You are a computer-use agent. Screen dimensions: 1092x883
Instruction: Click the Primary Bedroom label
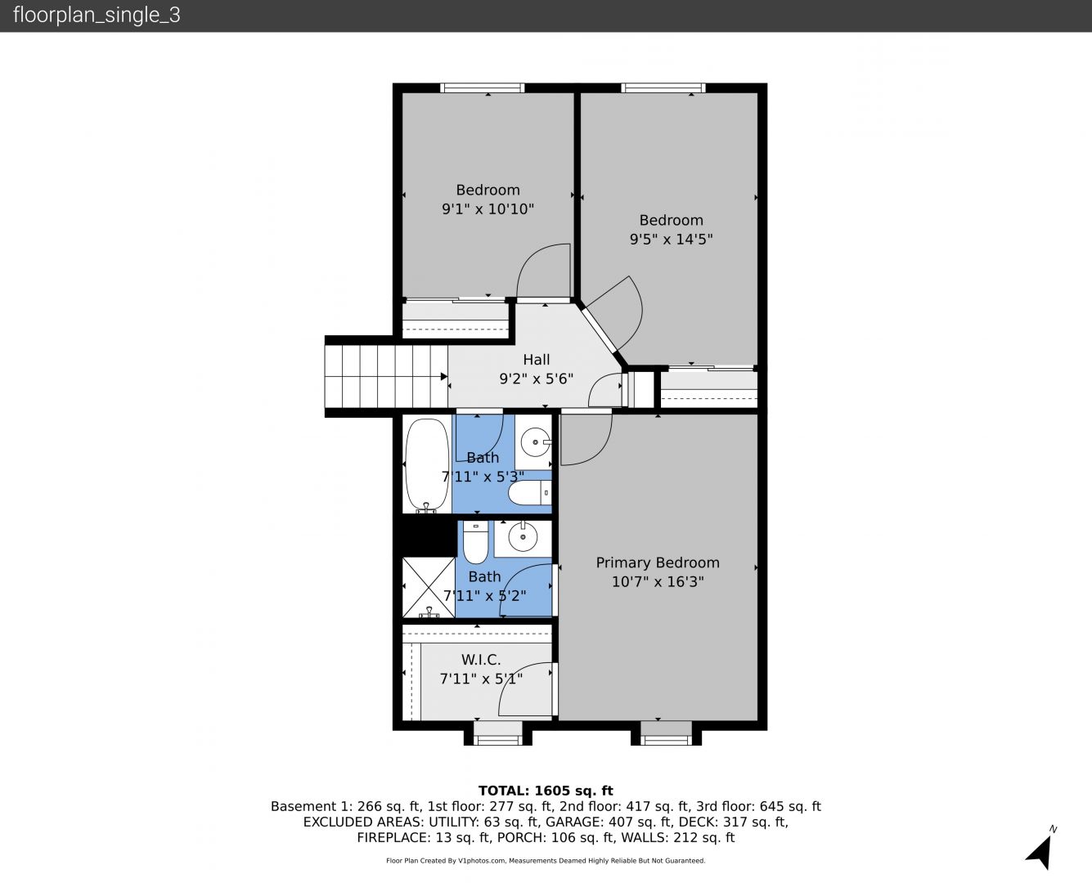click(658, 563)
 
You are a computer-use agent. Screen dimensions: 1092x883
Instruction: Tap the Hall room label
click(537, 360)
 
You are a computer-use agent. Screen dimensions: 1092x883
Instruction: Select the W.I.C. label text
click(481, 660)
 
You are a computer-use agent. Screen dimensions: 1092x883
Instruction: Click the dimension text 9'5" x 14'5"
click(671, 239)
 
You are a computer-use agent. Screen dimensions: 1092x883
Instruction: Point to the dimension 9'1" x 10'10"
click(488, 208)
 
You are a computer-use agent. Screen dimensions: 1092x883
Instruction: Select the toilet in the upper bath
click(529, 492)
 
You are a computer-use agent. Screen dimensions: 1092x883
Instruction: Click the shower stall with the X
click(428, 587)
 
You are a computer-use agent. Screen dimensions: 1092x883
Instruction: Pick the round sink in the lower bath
click(523, 537)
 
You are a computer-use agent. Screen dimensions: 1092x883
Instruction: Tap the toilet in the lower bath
click(475, 543)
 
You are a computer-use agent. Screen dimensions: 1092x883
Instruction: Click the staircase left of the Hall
click(386, 377)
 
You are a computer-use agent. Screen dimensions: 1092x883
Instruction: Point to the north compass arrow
click(1039, 852)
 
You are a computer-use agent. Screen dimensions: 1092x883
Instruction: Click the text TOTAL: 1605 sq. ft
click(546, 791)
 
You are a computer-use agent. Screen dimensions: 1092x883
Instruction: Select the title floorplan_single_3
click(97, 15)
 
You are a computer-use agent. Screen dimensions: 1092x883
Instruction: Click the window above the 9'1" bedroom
click(482, 87)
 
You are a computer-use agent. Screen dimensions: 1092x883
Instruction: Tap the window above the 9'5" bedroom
click(663, 87)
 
